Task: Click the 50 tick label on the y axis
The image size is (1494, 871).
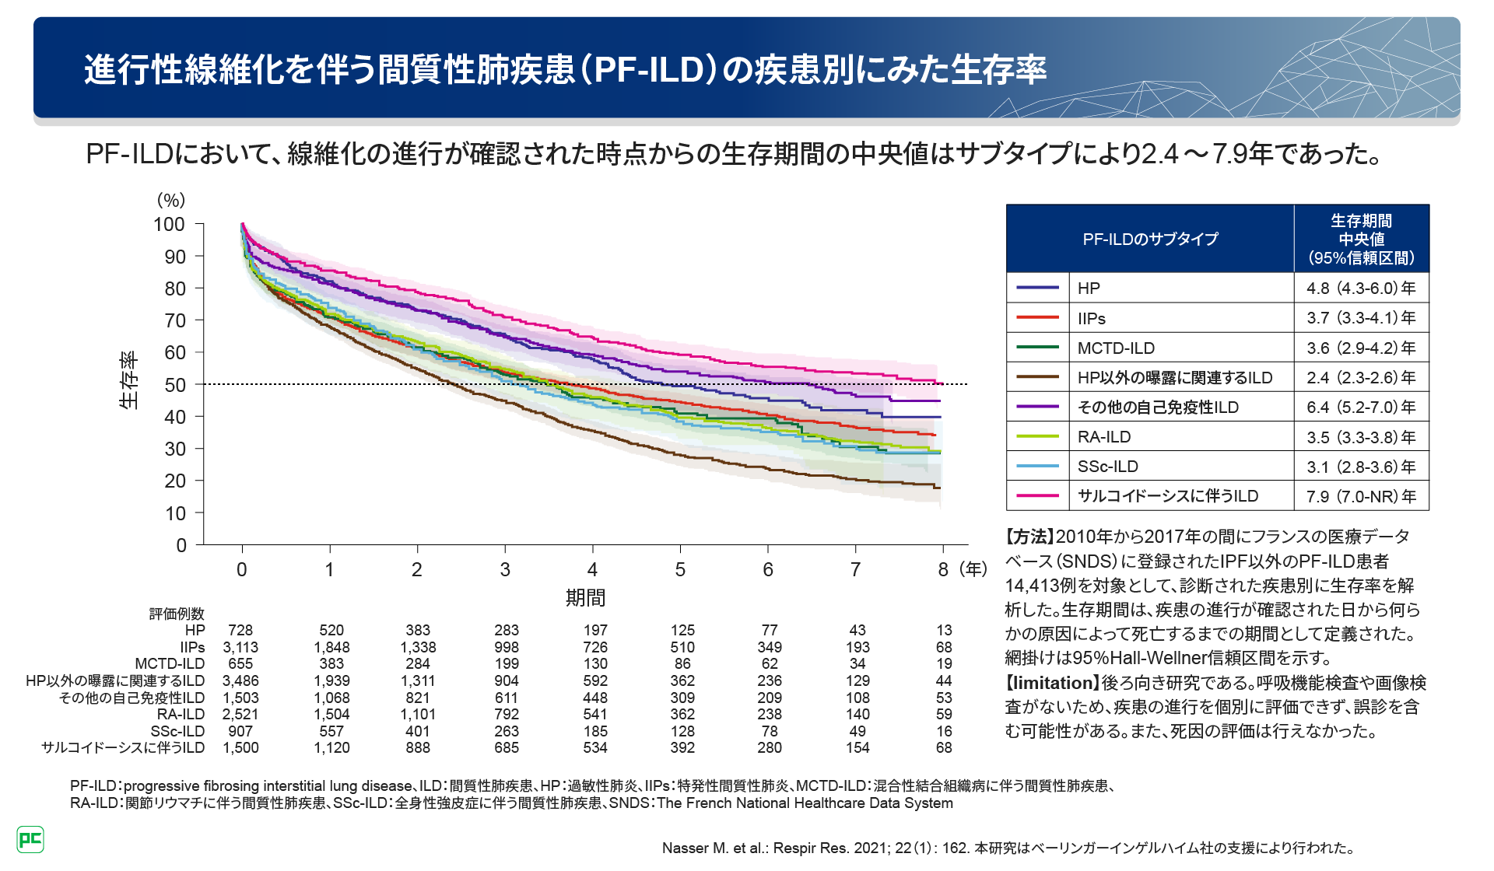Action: [x=174, y=385]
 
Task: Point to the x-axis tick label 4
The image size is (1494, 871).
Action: [x=592, y=570]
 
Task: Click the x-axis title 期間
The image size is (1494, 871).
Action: [x=585, y=597]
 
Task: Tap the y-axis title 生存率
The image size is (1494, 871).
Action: [x=129, y=380]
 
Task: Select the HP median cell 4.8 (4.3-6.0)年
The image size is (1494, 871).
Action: [x=1361, y=289]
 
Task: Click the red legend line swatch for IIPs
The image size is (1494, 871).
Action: [x=1037, y=318]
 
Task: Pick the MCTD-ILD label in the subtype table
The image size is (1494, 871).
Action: [x=1116, y=348]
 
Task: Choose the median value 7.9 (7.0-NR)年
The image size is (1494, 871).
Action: [x=1361, y=496]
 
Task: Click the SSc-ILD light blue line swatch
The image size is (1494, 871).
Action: [x=1037, y=467]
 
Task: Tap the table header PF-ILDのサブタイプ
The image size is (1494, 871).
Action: [x=1150, y=240]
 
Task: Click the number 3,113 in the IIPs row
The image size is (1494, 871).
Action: [x=240, y=647]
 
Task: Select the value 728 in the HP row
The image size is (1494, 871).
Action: [x=240, y=630]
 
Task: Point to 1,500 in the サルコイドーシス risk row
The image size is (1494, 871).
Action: [x=240, y=748]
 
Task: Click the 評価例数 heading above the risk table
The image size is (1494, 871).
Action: [x=177, y=614]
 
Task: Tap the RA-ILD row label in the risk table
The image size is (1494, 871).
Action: [x=181, y=714]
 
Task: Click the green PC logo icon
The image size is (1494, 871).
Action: [x=30, y=839]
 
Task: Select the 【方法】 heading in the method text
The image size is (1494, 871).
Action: [x=1029, y=537]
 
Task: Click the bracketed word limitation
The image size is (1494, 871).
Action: [x=1052, y=683]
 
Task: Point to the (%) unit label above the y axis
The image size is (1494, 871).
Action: [x=171, y=200]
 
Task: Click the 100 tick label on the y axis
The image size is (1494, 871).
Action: [x=169, y=225]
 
